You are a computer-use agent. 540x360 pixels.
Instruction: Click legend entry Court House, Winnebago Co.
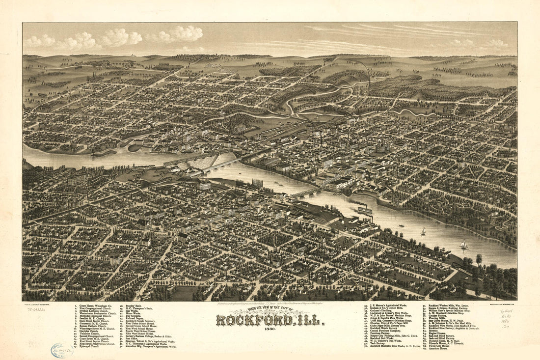(x=96, y=305)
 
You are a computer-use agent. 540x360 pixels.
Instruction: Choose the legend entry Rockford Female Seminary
(x=141, y=320)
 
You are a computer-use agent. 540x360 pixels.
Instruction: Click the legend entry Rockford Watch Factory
(x=386, y=329)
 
